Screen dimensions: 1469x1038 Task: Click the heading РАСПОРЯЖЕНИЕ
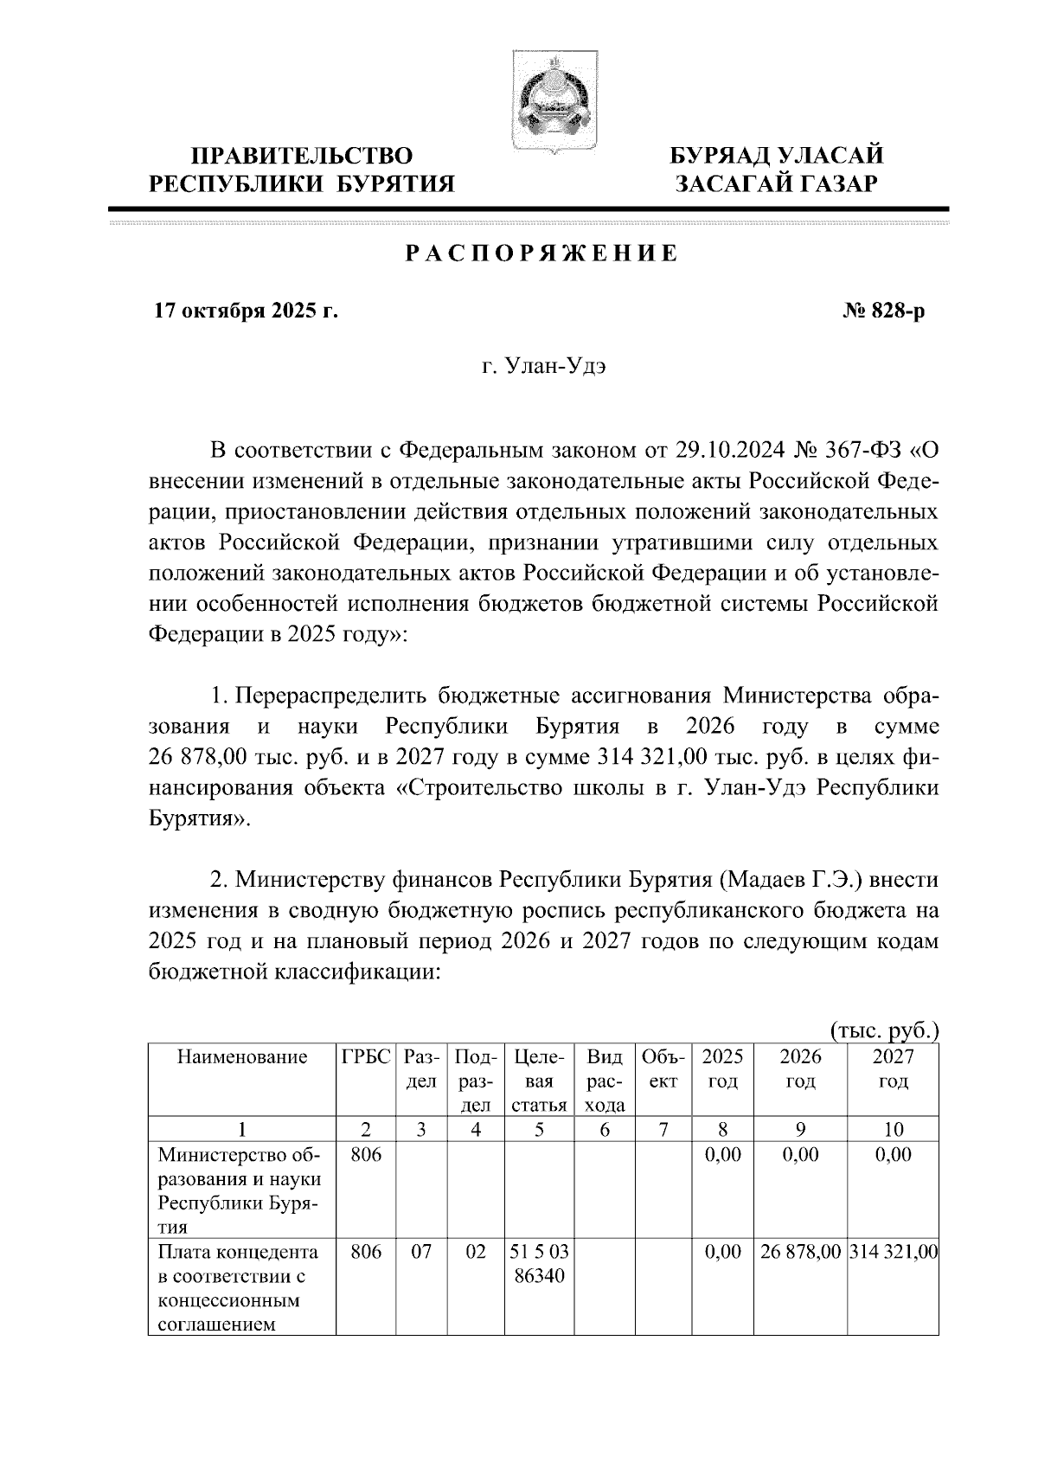(x=542, y=253)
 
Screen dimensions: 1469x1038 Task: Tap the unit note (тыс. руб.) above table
(x=884, y=1030)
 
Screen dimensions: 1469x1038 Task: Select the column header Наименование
(x=242, y=1057)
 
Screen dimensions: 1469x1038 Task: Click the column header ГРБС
(x=366, y=1057)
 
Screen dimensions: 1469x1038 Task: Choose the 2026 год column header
(x=800, y=1069)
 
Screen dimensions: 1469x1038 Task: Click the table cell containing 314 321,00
(x=894, y=1252)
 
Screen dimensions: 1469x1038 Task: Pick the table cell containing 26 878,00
(x=800, y=1252)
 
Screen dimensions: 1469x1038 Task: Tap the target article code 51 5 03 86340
(x=538, y=1263)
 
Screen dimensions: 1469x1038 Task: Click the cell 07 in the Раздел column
(x=420, y=1252)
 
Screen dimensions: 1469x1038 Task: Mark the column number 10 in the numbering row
(x=894, y=1129)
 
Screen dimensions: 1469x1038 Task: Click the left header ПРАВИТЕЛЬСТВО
(x=301, y=157)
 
